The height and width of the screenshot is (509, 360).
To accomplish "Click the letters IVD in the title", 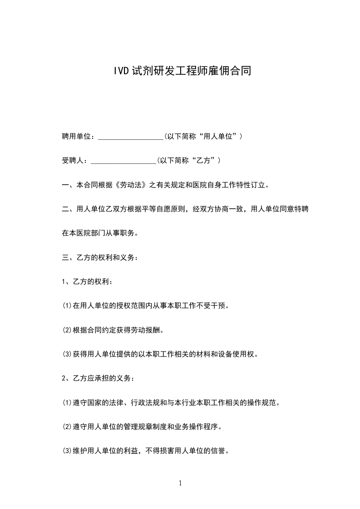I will click(x=121, y=71).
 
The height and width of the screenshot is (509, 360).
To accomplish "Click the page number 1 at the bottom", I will click(x=180, y=483).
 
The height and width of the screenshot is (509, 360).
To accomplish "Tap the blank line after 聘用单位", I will click(x=131, y=137).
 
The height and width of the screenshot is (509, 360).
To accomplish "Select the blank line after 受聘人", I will click(x=123, y=161).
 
